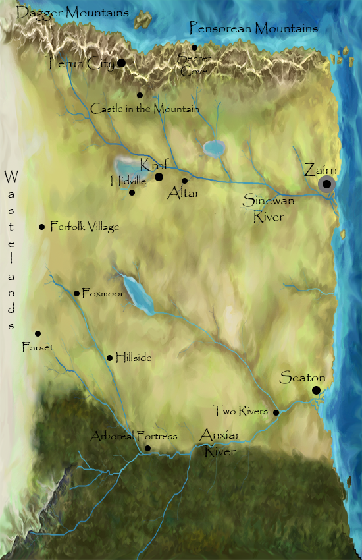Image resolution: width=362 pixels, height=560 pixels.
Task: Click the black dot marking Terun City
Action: tap(121, 63)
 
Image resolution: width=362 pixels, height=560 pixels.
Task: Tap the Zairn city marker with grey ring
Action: tap(326, 185)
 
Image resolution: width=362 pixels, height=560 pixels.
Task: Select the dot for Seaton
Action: tap(317, 391)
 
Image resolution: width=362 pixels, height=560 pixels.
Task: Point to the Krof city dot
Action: tap(159, 177)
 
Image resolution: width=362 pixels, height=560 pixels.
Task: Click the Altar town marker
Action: tap(184, 181)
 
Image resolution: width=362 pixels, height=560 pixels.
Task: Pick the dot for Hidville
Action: tap(132, 193)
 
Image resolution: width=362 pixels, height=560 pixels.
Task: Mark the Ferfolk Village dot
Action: tap(42, 227)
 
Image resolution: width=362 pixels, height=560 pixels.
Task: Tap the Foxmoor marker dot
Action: tap(77, 294)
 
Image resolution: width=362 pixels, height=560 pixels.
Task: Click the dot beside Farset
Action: tap(38, 334)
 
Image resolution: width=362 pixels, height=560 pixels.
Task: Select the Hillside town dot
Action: tap(110, 358)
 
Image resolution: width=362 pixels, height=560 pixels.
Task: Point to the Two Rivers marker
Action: tap(276, 413)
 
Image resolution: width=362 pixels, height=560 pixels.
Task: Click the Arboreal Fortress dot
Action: tap(147, 449)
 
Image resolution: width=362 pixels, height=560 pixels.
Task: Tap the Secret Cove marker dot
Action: tap(194, 47)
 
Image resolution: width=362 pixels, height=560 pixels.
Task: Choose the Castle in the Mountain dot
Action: tap(140, 96)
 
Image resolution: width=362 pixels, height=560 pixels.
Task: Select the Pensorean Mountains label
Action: tap(253, 28)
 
